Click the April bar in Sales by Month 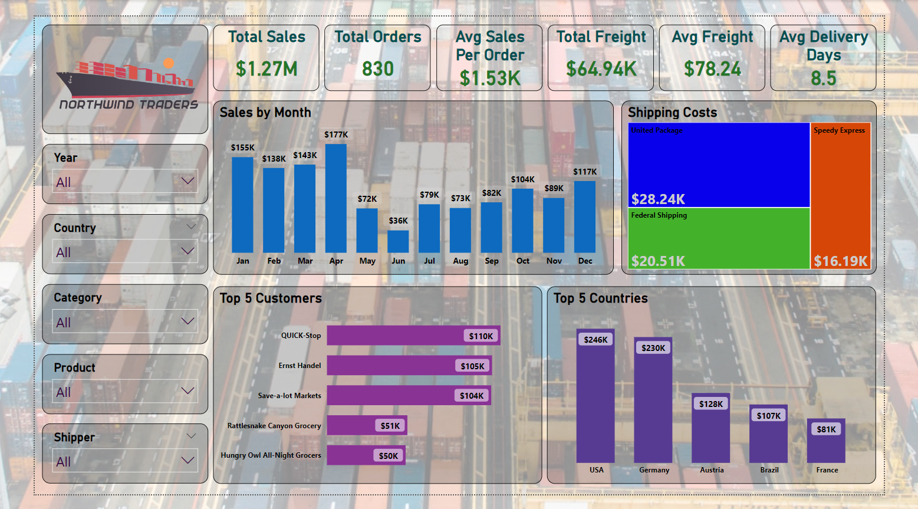pyautogui.click(x=336, y=198)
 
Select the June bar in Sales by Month pyautogui.click(x=398, y=241)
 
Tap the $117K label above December pyautogui.click(x=585, y=172)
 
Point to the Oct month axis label pyautogui.click(x=523, y=261)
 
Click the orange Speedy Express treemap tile pyautogui.click(x=840, y=195)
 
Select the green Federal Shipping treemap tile pyautogui.click(x=719, y=238)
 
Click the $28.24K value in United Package pyautogui.click(x=658, y=199)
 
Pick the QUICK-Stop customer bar pyautogui.click(x=413, y=336)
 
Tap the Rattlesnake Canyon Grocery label pyautogui.click(x=274, y=425)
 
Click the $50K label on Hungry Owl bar pyautogui.click(x=389, y=455)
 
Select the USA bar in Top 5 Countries pyautogui.click(x=595, y=401)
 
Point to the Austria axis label pyautogui.click(x=712, y=470)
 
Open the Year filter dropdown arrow pyautogui.click(x=187, y=181)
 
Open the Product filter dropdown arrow pyautogui.click(x=187, y=391)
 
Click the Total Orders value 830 pyautogui.click(x=377, y=69)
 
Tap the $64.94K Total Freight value pyautogui.click(x=601, y=69)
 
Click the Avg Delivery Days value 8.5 pyautogui.click(x=823, y=78)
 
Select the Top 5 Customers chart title pyautogui.click(x=271, y=298)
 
